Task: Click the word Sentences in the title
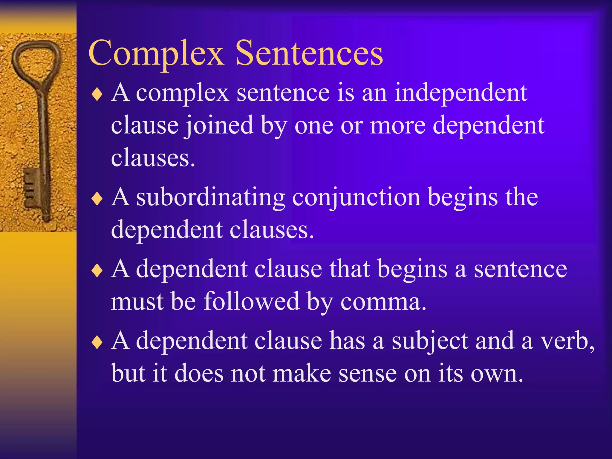coord(309,53)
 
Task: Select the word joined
coord(219,126)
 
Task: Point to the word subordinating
coord(211,198)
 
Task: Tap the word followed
coord(252,301)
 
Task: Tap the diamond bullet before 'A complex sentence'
coord(97,95)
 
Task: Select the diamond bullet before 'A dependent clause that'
coord(97,271)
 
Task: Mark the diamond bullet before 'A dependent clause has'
coord(97,342)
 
